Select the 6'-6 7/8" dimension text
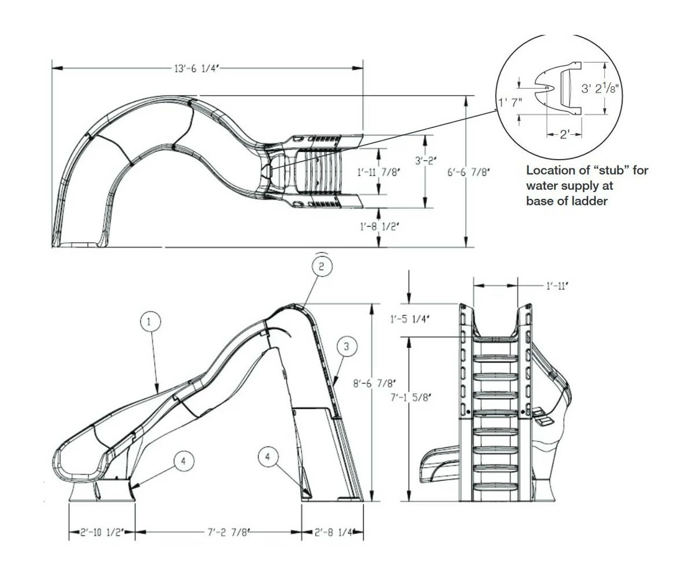468,172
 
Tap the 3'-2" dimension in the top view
426,160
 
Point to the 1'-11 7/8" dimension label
379,172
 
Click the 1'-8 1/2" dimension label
379,227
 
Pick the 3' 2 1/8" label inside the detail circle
601,88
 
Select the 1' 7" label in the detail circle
510,102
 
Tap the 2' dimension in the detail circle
564,134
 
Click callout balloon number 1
150,322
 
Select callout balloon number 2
321,266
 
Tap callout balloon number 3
347,346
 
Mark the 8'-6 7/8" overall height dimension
372,384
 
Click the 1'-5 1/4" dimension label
410,319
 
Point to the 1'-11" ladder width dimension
557,286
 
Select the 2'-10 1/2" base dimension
102,533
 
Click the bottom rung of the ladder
495,486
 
